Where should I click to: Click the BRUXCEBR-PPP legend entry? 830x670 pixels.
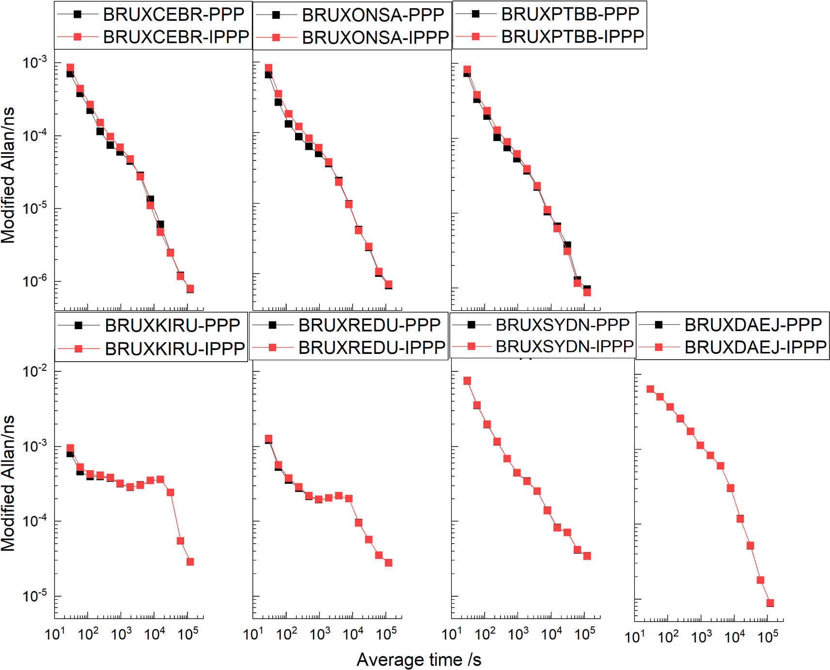(173, 15)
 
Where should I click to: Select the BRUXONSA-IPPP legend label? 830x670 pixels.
(375, 37)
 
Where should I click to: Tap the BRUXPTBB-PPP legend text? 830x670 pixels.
(570, 14)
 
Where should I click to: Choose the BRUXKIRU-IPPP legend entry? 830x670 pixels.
(174, 349)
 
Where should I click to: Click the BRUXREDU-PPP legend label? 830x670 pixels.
(369, 325)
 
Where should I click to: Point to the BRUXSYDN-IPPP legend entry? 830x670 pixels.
(564, 346)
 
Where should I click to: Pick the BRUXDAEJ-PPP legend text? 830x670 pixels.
(752, 324)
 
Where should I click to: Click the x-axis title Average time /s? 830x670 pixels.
(419, 659)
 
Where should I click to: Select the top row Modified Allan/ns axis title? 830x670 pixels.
(8, 175)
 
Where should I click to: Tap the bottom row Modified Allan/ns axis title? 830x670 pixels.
(8, 483)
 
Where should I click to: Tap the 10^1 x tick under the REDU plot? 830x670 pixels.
(253, 634)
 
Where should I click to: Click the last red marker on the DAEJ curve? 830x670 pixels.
(770, 603)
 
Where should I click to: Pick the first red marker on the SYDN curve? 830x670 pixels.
(467, 381)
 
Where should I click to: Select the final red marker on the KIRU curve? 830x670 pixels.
(190, 562)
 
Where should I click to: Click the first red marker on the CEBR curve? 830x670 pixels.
(70, 68)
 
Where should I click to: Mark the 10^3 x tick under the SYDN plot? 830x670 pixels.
(518, 634)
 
